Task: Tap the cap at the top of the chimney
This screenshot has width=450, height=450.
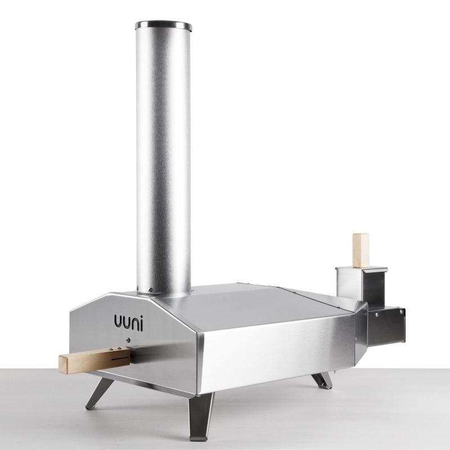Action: point(164,25)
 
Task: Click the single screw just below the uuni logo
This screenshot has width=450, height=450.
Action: point(128,340)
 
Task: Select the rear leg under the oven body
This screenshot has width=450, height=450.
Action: point(322,380)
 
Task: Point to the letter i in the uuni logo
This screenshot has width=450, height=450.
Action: point(142,322)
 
